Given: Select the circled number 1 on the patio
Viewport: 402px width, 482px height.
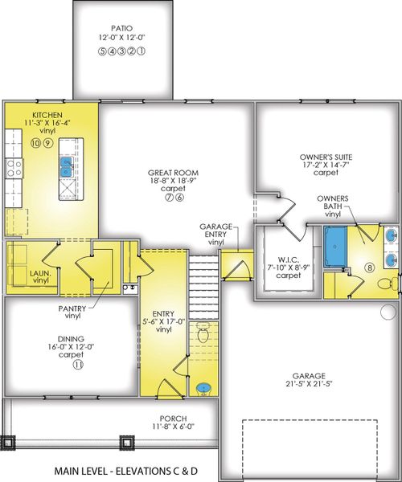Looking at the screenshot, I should [142, 50].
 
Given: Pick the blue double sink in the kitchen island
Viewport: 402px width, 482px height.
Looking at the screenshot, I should [65, 166].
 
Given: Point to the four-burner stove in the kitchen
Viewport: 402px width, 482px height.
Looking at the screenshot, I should [14, 167].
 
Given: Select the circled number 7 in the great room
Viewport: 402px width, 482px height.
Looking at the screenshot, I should [169, 198].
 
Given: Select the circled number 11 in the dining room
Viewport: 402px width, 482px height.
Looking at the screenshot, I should [55, 364].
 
